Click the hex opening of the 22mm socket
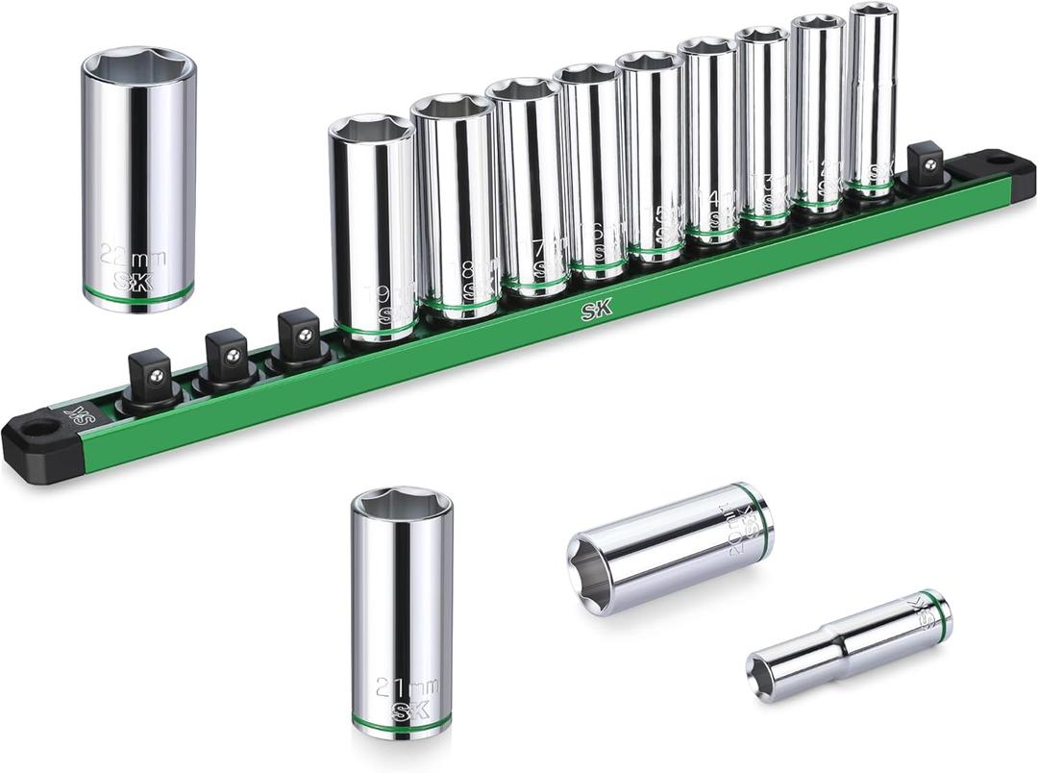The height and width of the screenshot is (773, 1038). click(x=137, y=65)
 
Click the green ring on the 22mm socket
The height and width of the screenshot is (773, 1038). click(x=138, y=291)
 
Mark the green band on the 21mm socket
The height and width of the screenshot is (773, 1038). click(x=402, y=719)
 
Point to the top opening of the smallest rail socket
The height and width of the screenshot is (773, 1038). click(x=874, y=11)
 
